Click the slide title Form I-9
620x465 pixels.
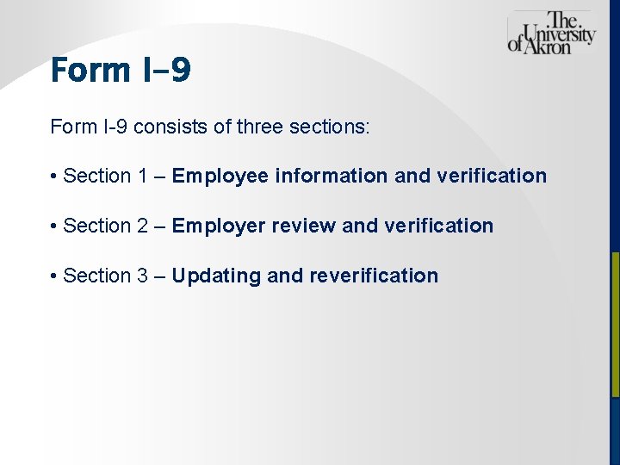(121, 70)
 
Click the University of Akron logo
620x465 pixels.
(551, 34)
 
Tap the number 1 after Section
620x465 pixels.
(142, 177)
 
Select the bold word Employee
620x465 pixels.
(220, 177)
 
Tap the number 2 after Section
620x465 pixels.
(142, 226)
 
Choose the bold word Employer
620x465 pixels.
(219, 226)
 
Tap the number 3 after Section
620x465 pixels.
(142, 276)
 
